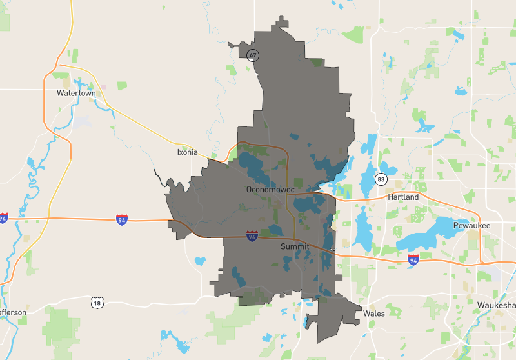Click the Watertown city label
pyautogui.click(x=76, y=93)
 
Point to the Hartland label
pyautogui.click(x=402, y=197)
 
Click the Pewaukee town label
pyautogui.click(x=471, y=225)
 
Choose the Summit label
pyautogui.click(x=295, y=246)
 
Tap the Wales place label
pyautogui.click(x=374, y=314)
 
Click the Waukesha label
pyautogui.click(x=497, y=305)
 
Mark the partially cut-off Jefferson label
pyautogui.click(x=13, y=312)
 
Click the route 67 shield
pyautogui.click(x=253, y=55)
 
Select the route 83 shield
pyautogui.click(x=382, y=179)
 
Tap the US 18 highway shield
pyautogui.click(x=97, y=302)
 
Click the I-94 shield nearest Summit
pyautogui.click(x=252, y=236)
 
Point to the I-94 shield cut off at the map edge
pyautogui.click(x=3, y=219)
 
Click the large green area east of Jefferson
pyautogui.click(x=61, y=326)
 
